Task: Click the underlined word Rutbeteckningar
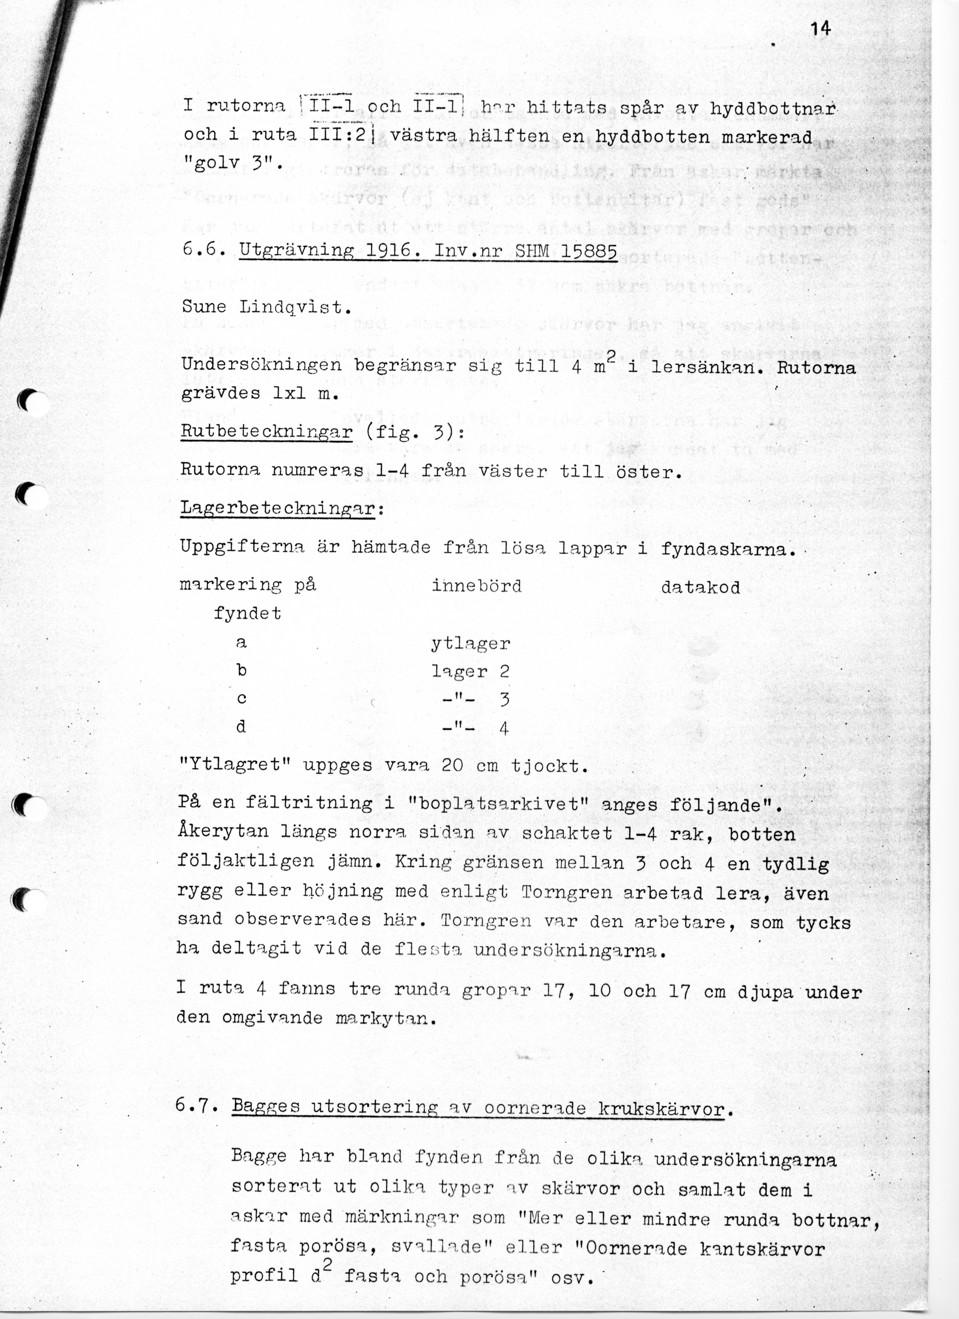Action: (x=267, y=432)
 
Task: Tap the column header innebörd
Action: (x=476, y=585)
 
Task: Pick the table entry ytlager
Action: (x=471, y=644)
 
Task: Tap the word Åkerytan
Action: (x=223, y=831)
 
